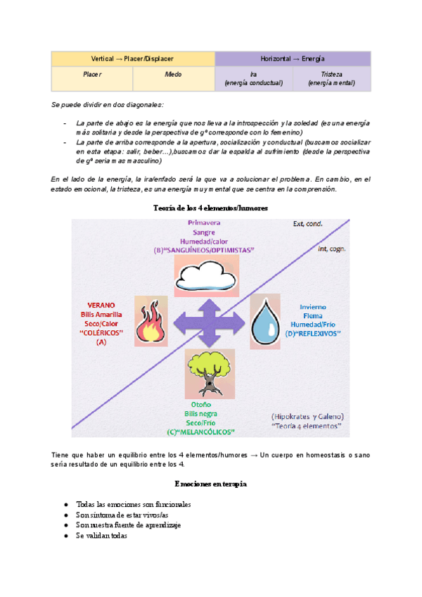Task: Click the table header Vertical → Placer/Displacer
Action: point(132,58)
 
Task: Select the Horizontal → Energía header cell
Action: point(292,58)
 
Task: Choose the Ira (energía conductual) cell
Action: point(253,78)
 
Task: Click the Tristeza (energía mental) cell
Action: point(331,78)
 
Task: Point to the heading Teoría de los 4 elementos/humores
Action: point(210,208)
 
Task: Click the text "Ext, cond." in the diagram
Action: point(308,225)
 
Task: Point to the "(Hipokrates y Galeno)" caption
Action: point(306,415)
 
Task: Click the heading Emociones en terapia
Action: point(210,484)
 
